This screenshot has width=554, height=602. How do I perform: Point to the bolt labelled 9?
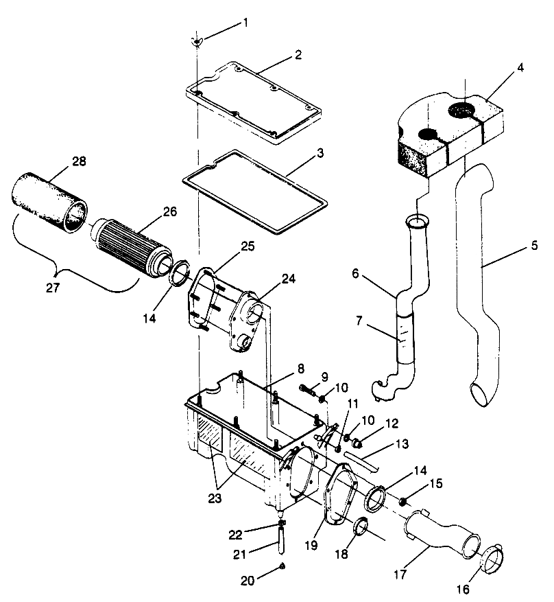click(x=308, y=393)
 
